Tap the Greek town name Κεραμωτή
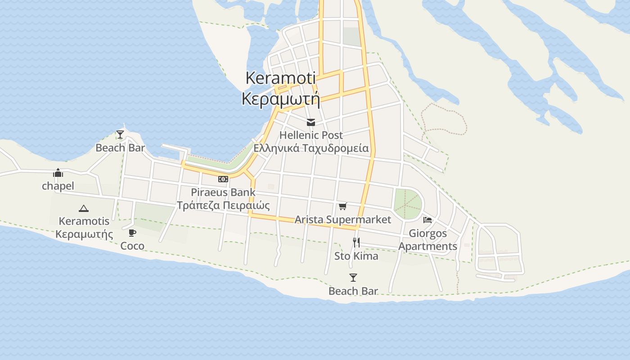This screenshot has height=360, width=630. coord(280,99)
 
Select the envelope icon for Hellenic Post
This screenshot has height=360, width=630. coord(310,122)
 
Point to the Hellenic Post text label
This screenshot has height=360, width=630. coord(310,135)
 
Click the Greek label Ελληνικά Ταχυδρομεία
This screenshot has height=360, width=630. coord(310,148)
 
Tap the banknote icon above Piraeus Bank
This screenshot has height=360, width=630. coord(223,179)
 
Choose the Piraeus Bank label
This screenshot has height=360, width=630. coord(223,192)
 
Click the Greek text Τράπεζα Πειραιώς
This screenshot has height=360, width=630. coord(223,206)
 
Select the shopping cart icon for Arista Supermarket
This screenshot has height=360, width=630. coord(343,207)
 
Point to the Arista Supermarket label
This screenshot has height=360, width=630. coord(343,220)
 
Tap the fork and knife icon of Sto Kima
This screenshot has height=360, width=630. coord(356,243)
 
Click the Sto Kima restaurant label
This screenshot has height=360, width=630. coord(356,256)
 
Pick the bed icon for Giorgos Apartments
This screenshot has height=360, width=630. coord(427,220)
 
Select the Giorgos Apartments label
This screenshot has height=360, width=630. coord(427,240)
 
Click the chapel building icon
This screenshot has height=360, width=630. coord(58,173)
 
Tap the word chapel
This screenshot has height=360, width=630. coord(58,186)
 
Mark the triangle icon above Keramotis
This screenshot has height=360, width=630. coord(84,208)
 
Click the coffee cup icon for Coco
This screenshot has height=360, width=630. coord(132,233)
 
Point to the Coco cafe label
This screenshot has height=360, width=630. coord(132,246)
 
